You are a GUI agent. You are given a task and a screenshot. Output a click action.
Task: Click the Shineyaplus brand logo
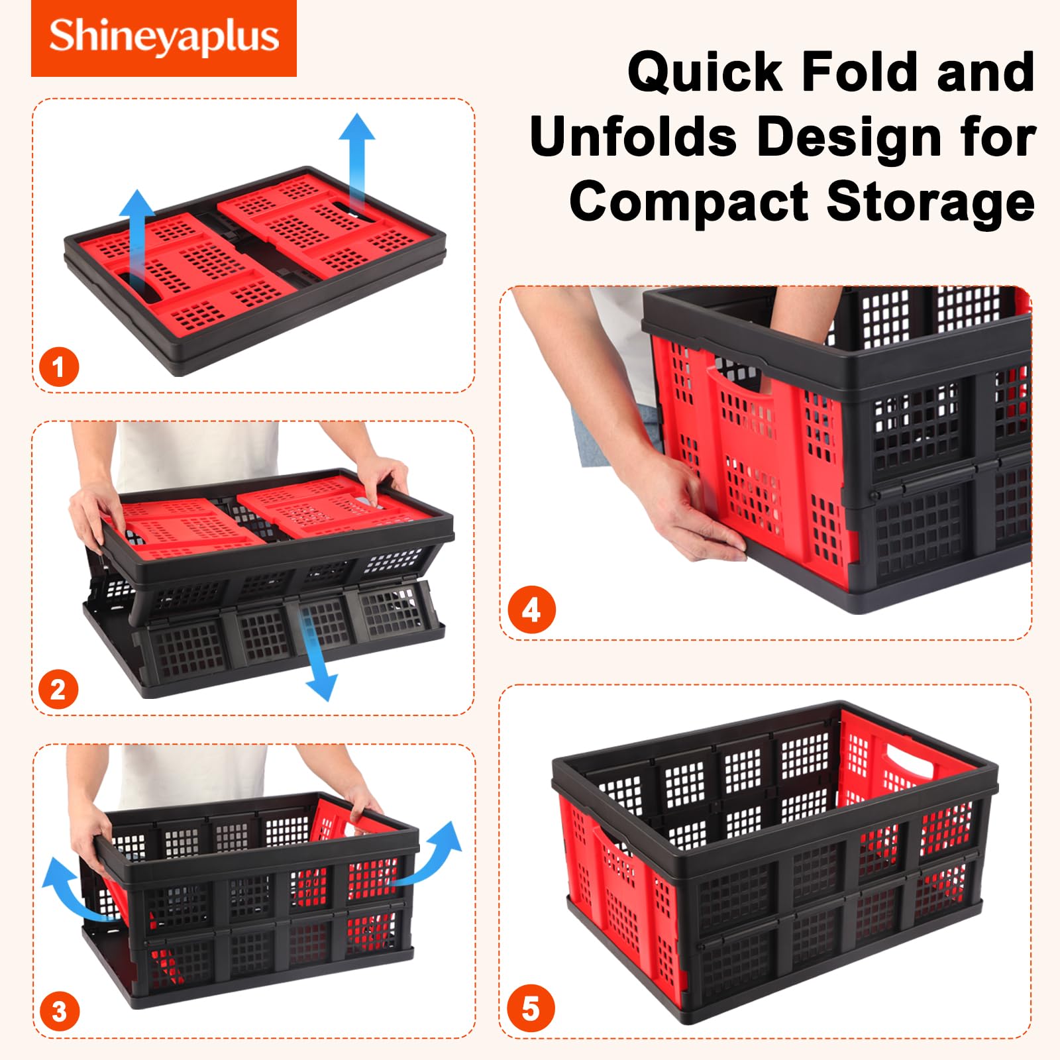[x=164, y=38]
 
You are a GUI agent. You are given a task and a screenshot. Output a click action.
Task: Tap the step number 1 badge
[x=58, y=367]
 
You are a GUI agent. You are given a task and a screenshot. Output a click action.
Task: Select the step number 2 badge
[x=58, y=690]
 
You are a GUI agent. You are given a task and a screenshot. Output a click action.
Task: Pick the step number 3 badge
[x=59, y=1012]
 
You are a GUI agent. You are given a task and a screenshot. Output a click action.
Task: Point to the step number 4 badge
[x=531, y=610]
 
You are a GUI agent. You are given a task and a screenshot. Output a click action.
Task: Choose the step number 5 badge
[x=531, y=1009]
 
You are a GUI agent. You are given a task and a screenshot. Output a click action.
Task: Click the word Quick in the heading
[x=706, y=72]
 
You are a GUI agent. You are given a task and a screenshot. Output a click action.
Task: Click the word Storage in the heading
[x=931, y=202]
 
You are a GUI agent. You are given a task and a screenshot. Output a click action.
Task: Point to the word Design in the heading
[x=849, y=138]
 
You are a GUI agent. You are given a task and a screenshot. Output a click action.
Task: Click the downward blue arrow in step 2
[x=315, y=653]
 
